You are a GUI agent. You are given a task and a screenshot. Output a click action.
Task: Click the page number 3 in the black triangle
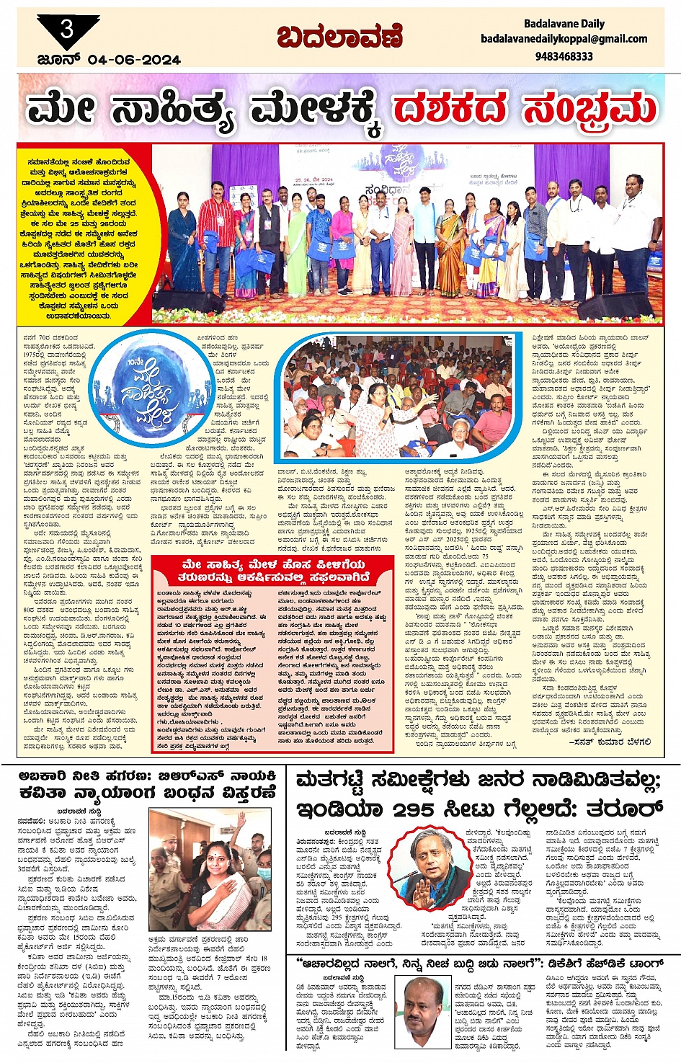coord(67,30)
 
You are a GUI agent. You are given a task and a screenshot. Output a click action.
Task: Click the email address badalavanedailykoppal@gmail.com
coord(564,39)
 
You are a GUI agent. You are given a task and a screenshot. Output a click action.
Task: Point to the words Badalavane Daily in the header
coord(564,24)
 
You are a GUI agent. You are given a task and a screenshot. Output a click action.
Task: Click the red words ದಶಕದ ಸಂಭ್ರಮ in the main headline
coord(525,110)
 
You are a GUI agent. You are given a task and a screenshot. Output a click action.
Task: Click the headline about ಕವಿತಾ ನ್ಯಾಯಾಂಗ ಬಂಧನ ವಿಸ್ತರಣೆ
coord(148,784)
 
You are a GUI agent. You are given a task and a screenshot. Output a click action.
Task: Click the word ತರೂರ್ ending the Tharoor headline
coord(619,806)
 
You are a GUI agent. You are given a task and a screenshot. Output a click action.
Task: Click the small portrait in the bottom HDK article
coord(423,1009)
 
